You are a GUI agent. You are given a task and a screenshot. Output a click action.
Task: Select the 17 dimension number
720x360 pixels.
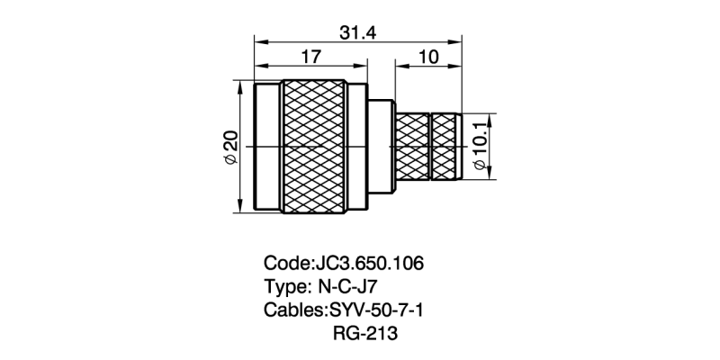click(x=310, y=58)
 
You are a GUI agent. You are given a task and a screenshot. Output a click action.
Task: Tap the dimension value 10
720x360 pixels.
click(x=428, y=58)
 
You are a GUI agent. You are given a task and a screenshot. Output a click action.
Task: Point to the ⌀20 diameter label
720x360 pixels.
click(x=229, y=148)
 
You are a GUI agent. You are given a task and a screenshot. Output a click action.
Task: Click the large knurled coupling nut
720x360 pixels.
click(x=312, y=147)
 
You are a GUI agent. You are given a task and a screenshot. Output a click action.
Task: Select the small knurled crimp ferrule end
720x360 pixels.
click(x=445, y=147)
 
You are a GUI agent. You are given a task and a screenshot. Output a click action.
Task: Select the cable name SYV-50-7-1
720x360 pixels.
click(x=373, y=310)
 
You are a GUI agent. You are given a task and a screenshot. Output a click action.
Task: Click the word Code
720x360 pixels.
click(x=285, y=265)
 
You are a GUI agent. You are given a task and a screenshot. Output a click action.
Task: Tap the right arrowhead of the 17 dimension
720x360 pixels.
click(x=363, y=67)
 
